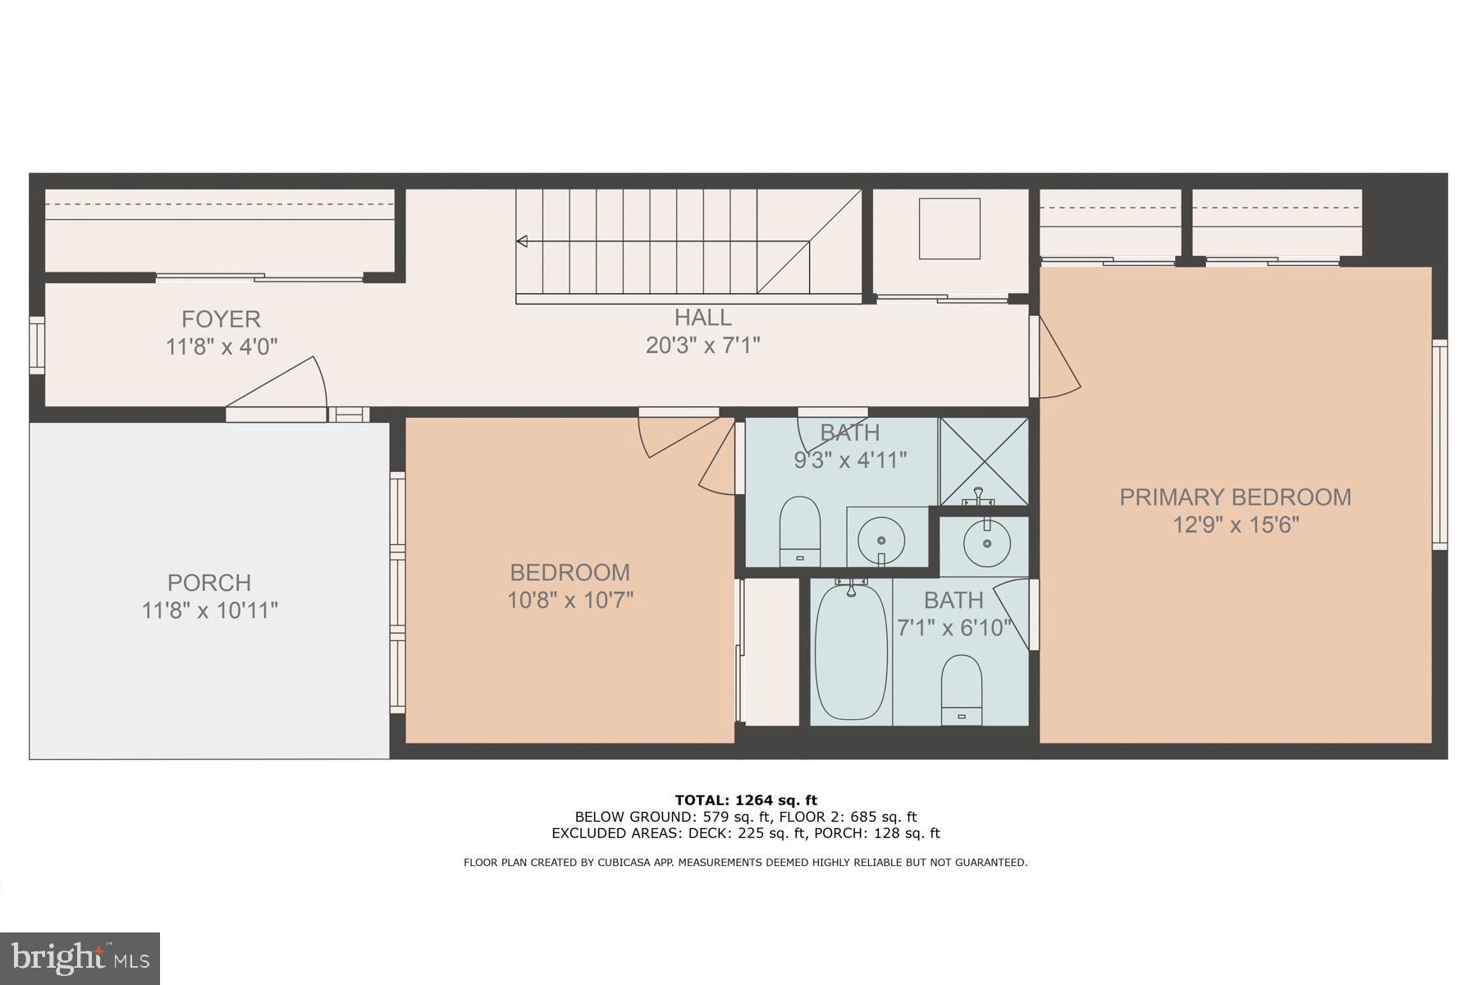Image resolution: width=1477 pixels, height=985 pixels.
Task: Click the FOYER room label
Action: (221, 318)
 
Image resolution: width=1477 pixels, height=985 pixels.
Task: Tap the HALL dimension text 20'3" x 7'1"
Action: (702, 345)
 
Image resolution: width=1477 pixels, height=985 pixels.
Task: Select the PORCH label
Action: (209, 583)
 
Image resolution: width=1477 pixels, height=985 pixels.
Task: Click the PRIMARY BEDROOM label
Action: (1235, 497)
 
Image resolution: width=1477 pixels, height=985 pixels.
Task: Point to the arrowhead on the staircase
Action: (522, 241)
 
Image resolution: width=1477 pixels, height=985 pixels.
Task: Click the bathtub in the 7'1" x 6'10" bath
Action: (851, 651)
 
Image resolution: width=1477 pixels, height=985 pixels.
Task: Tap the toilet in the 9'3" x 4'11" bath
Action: (799, 529)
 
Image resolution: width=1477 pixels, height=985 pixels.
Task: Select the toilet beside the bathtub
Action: (961, 688)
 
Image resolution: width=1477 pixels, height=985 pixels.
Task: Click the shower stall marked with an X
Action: (983, 460)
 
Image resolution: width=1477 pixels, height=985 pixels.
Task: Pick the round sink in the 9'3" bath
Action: (881, 539)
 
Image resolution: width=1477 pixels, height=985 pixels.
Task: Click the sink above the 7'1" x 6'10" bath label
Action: (986, 542)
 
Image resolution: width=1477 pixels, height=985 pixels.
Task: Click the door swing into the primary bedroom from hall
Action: (1058, 361)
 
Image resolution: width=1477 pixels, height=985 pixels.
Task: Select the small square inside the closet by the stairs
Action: (949, 228)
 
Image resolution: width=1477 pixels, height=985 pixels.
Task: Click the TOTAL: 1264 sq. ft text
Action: (745, 800)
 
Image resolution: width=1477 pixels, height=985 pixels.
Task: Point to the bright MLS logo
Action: (80, 958)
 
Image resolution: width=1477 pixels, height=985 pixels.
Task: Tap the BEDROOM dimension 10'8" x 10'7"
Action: (570, 600)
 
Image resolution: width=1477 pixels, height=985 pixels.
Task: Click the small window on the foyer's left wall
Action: (37, 345)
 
